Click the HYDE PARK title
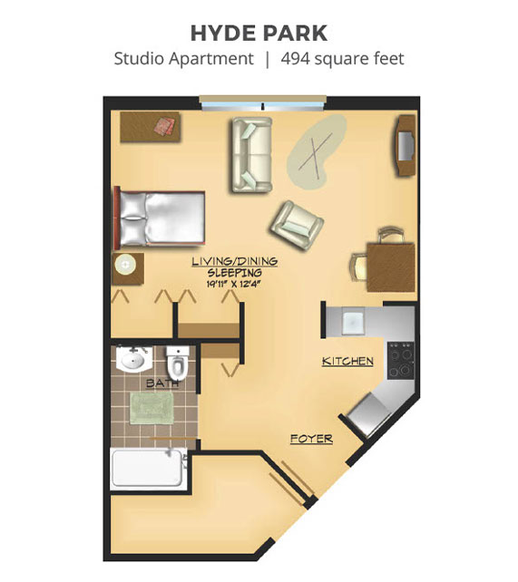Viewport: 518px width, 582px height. (x=259, y=33)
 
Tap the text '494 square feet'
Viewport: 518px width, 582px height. (x=342, y=59)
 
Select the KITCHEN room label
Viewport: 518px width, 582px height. (x=347, y=361)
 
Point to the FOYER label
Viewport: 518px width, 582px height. (x=311, y=439)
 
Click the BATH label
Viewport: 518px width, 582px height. (x=162, y=383)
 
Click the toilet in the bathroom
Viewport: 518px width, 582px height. (x=178, y=361)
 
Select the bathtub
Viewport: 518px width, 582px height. (x=149, y=469)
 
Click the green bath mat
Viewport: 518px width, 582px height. (x=151, y=408)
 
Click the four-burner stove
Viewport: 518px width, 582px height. (x=401, y=360)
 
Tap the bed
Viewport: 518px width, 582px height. (x=160, y=219)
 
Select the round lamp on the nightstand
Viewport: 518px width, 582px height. (x=125, y=265)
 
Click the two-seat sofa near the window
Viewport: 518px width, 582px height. (x=252, y=155)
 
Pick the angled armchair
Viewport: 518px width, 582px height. (x=297, y=225)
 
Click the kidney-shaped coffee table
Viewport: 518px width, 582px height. (x=318, y=151)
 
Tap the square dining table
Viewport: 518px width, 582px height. (x=391, y=267)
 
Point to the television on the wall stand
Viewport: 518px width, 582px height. (x=406, y=145)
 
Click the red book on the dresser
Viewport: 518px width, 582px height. (x=165, y=126)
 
